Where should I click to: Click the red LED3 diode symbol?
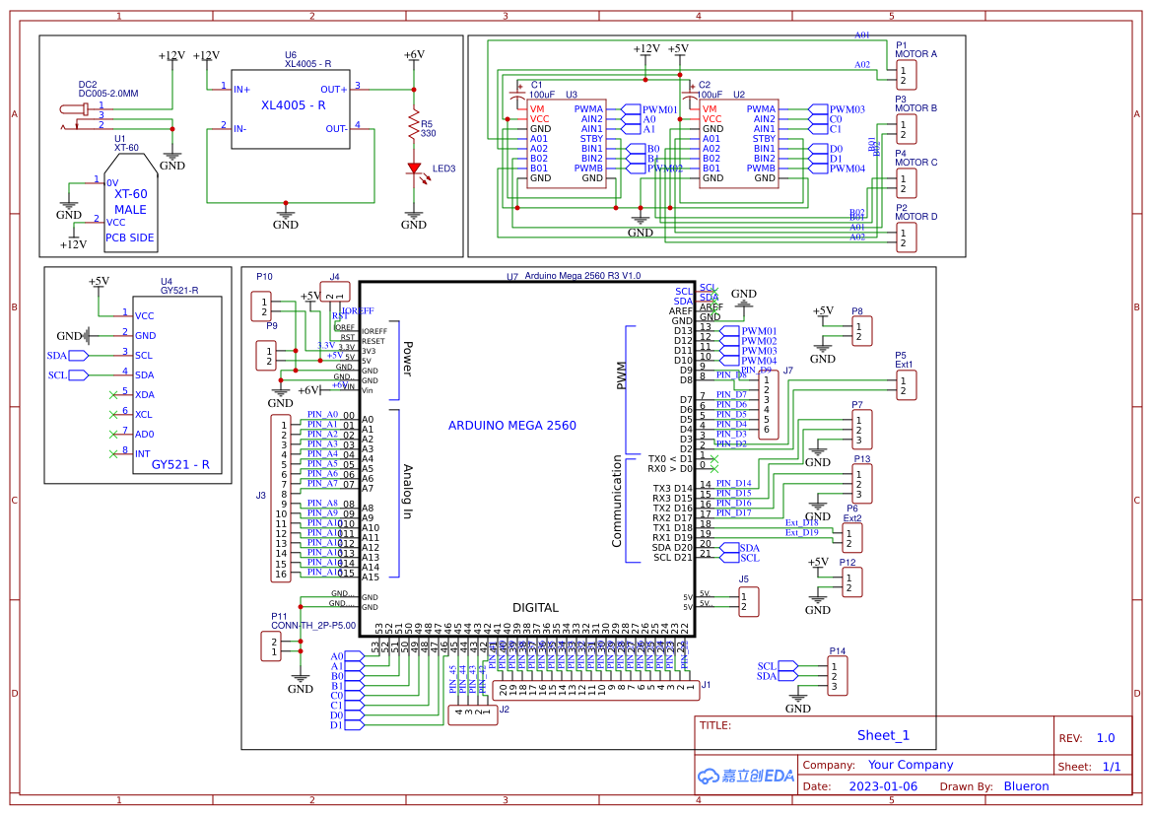tap(414, 169)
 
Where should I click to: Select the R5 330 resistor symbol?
tap(414, 125)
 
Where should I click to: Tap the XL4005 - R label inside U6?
tap(293, 105)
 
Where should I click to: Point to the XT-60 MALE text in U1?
tap(130, 202)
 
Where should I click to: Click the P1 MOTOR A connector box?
tap(906, 75)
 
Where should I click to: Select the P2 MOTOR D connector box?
tap(906, 238)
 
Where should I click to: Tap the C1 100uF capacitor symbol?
tap(518, 98)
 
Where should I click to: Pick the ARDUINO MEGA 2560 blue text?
tap(512, 426)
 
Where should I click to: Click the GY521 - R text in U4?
tap(186, 464)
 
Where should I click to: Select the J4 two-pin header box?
tap(335, 292)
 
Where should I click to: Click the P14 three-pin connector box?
tap(837, 675)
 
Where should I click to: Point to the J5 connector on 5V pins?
tap(749, 601)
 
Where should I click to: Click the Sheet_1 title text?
tap(882, 735)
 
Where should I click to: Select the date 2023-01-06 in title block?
tap(882, 786)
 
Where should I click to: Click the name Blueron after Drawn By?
tap(1026, 786)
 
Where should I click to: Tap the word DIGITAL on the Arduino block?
tap(535, 608)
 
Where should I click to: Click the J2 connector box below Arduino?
tap(473, 715)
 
